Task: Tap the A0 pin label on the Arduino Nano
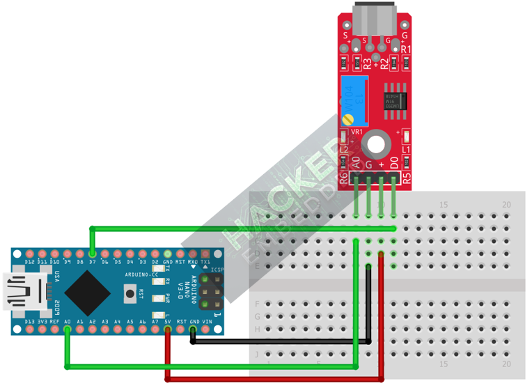68,321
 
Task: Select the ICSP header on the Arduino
211,293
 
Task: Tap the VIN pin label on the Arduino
206,321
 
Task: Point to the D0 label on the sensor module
394,164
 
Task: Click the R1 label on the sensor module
406,49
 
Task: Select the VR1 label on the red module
357,132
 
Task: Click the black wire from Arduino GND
279,341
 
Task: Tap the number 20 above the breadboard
507,204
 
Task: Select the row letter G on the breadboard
258,316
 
